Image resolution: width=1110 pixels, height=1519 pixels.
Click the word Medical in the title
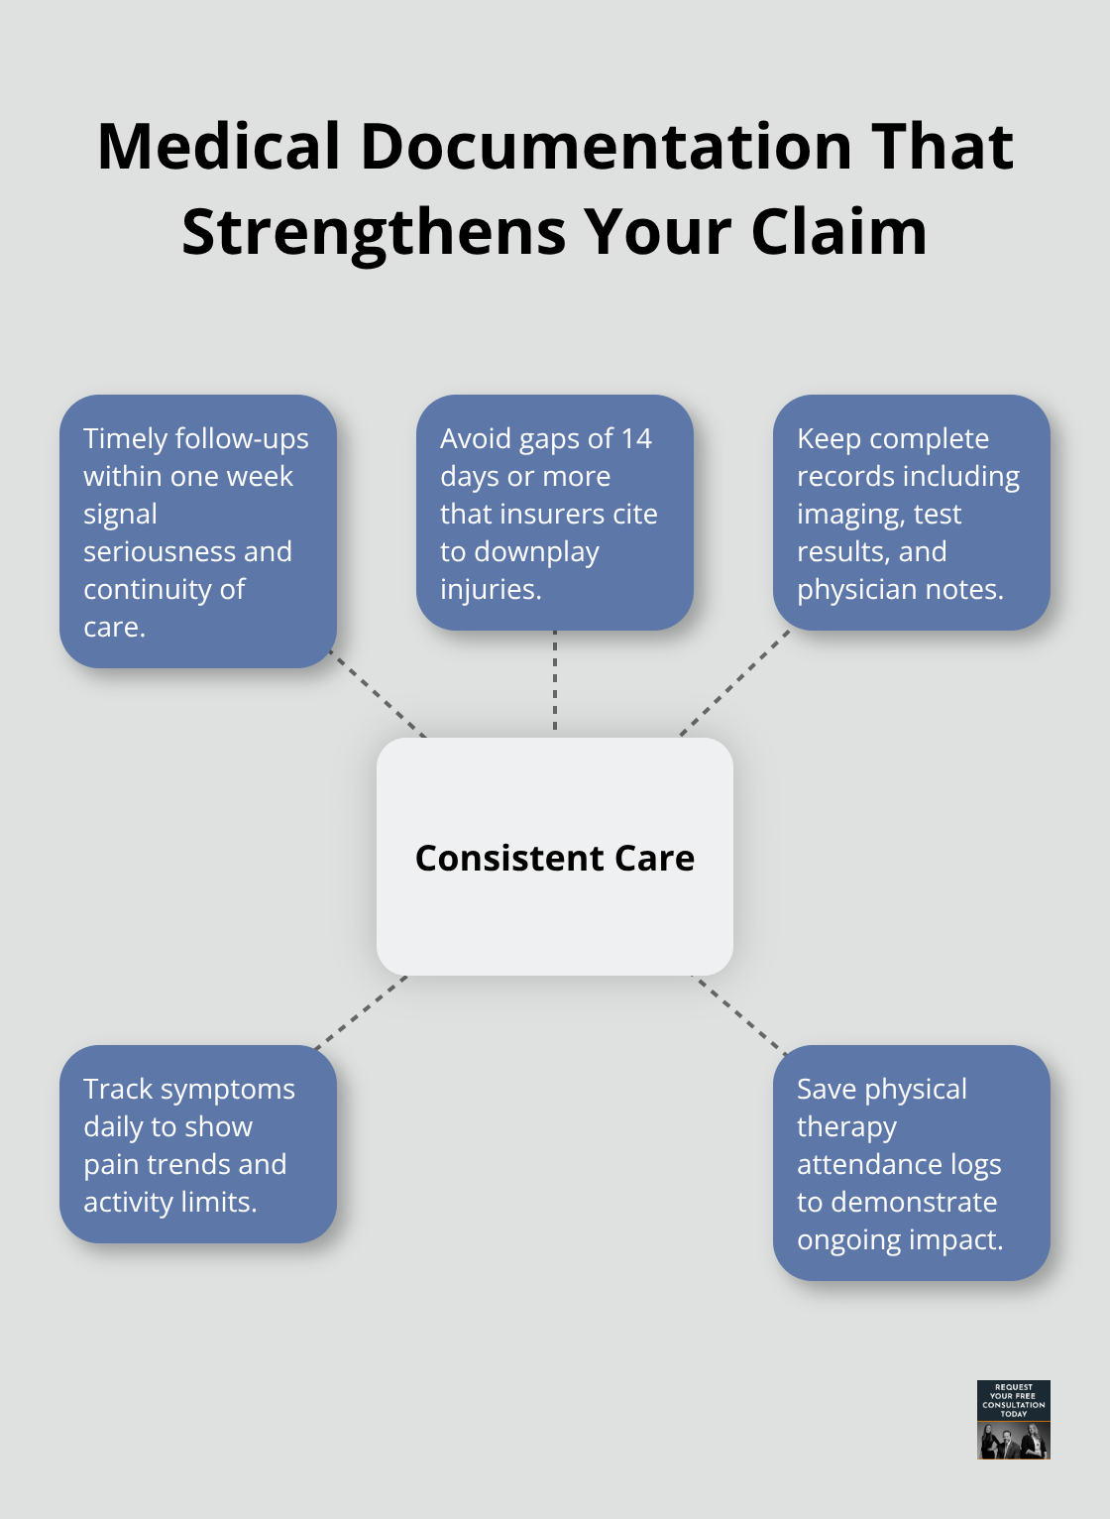pos(219,147)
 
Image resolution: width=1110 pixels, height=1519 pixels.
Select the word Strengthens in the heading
pos(374,233)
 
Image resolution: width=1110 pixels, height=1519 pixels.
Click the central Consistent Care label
pos(554,858)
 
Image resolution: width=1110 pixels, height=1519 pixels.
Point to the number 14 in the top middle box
pos(635,438)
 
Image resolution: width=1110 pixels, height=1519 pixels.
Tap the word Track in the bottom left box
pos(118,1089)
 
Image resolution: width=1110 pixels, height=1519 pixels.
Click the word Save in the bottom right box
pos(826,1089)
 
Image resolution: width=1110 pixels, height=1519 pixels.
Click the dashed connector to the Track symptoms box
pos(360,1012)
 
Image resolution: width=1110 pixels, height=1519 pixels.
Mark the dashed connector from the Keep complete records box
pos(733,684)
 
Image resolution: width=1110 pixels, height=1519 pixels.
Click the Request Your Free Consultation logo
pos(1013,1419)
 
